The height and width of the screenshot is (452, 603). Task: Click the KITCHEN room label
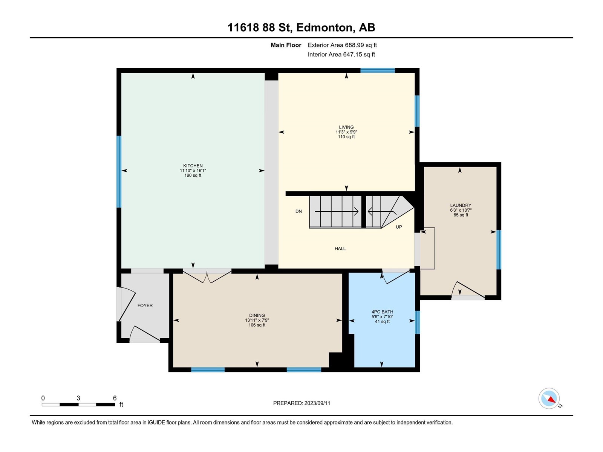pos(193,166)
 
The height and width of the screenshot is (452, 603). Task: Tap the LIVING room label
pos(346,127)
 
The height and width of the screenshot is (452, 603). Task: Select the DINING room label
pos(257,316)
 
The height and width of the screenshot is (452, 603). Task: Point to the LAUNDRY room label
pos(461,205)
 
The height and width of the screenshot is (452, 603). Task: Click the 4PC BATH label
pos(382,312)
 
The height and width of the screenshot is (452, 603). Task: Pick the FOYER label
pos(145,305)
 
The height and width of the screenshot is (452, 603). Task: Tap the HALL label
pos(340,249)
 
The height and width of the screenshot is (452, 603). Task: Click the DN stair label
pos(298,211)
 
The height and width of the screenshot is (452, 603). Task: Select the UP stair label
pos(399,227)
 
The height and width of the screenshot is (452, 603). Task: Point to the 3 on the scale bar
pos(78,398)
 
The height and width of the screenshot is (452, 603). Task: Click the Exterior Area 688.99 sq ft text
pos(342,45)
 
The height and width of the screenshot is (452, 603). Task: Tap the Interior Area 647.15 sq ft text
pos(341,54)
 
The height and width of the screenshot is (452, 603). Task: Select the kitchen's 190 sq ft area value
pos(193,176)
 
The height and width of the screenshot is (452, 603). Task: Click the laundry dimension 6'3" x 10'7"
pos(461,210)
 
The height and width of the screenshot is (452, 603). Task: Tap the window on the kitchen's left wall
pos(119,172)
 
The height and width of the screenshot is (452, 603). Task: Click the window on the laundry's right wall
pos(499,250)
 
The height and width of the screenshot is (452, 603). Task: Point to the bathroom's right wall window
pos(417,322)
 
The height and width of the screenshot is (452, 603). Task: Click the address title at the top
pos(301,27)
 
